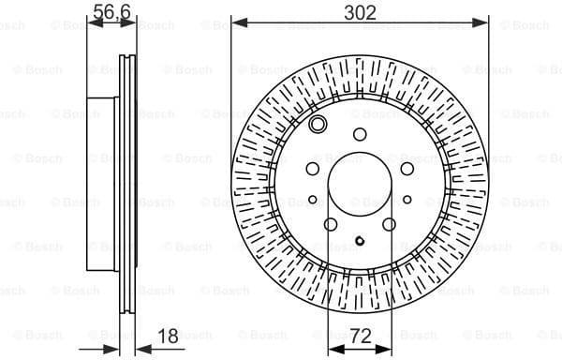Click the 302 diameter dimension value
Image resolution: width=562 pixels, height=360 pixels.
361,12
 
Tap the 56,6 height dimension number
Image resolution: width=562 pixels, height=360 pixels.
110,12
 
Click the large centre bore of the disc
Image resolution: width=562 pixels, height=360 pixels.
360,186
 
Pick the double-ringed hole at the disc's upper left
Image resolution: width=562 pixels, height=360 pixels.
318,127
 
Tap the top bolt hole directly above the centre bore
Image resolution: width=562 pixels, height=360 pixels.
360,134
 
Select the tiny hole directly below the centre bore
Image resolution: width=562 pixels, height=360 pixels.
360,247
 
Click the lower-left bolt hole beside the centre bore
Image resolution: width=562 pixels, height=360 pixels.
331,224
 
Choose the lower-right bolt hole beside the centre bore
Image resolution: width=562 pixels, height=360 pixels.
390,224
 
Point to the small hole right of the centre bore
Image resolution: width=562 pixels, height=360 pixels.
408,198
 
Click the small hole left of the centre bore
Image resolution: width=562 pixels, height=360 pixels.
311,198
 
